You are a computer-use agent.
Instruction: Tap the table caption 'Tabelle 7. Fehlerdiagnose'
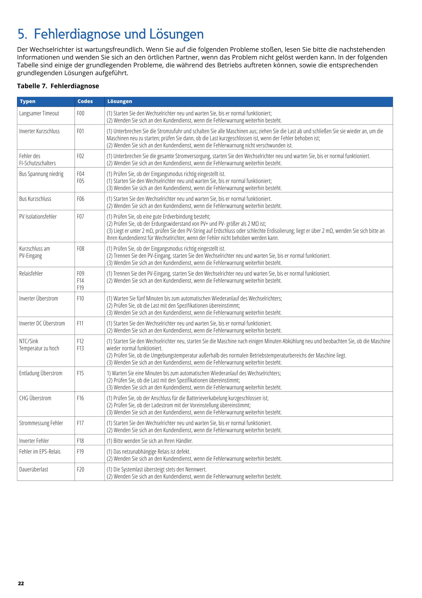pyautogui.click(x=58, y=86)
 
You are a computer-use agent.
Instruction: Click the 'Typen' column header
pyautogui.click(x=28, y=101)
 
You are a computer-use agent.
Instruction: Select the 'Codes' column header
pyautogui.click(x=85, y=101)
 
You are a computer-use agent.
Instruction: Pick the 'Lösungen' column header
pyautogui.click(x=120, y=101)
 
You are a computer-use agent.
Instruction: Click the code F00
pyautogui.click(x=80, y=113)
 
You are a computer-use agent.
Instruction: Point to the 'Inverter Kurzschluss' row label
pyautogui.click(x=39, y=131)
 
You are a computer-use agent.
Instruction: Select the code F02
pyautogui.click(x=80, y=156)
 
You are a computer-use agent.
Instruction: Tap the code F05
pyautogui.click(x=80, y=181)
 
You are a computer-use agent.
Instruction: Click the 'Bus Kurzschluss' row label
pyautogui.click(x=35, y=199)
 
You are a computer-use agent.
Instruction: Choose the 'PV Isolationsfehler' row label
pyautogui.click(x=38, y=217)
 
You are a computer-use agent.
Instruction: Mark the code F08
pyautogui.click(x=80, y=249)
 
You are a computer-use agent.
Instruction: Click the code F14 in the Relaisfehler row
pyautogui.click(x=80, y=281)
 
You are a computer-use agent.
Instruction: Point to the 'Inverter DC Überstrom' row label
pyautogui.click(x=42, y=324)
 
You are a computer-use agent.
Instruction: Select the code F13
pyautogui.click(x=80, y=348)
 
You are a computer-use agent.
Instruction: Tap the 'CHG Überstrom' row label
pyautogui.click(x=35, y=398)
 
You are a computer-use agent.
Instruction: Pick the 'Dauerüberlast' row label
pyautogui.click(x=34, y=469)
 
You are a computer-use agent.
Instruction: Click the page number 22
pyautogui.click(x=21, y=584)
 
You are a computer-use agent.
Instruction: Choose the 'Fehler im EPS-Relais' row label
pyautogui.click(x=40, y=452)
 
